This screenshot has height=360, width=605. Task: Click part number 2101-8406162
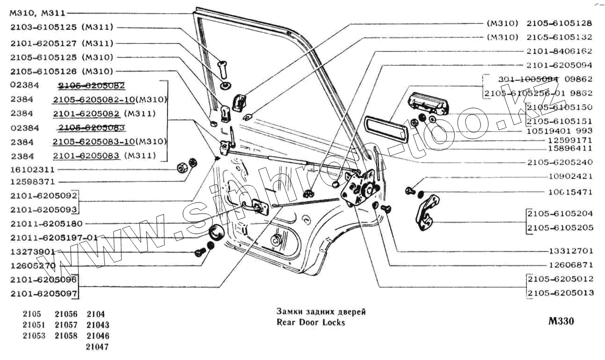[560, 51]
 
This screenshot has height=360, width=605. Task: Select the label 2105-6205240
[560, 162]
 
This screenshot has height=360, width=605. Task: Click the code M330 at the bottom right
[561, 322]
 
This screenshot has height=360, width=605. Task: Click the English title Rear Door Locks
[311, 323]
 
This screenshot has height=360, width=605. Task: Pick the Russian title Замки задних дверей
[321, 312]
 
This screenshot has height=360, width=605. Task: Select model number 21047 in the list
[98, 347]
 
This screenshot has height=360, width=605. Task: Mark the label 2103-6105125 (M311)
[62, 27]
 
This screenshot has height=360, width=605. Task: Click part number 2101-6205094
[560, 65]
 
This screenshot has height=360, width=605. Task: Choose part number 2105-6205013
[561, 293]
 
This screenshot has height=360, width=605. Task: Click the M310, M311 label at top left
[37, 13]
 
